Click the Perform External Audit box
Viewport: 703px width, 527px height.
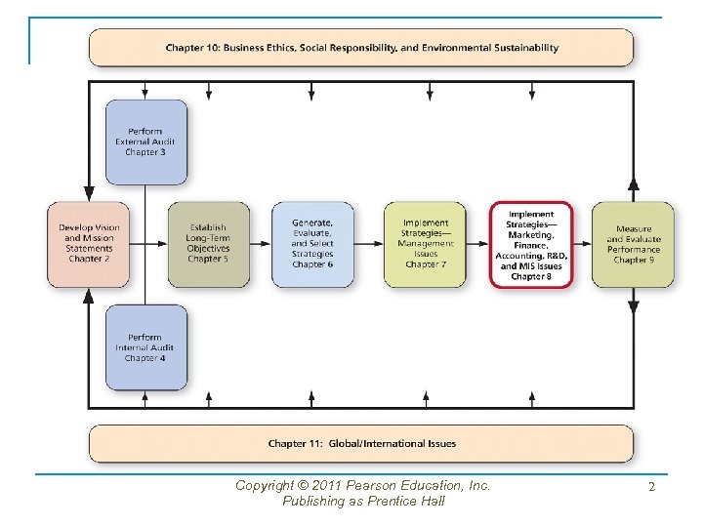click(145, 142)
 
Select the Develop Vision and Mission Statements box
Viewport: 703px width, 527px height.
click(89, 244)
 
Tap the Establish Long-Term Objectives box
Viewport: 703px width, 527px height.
click(208, 244)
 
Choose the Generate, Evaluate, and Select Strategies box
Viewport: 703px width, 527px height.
click(312, 244)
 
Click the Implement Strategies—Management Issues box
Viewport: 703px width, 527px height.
click(425, 244)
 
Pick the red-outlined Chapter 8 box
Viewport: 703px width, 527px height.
click(531, 245)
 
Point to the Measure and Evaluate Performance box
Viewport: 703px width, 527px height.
click(633, 244)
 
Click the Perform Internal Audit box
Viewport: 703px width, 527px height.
click(145, 347)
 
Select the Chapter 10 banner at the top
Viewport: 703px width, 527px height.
click(361, 47)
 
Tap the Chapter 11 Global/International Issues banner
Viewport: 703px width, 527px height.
click(361, 443)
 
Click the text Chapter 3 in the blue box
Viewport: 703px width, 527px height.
click(145, 153)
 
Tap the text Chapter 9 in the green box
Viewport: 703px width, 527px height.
click(634, 261)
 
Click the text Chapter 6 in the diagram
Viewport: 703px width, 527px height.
click(312, 264)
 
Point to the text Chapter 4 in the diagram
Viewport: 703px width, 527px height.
click(145, 358)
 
